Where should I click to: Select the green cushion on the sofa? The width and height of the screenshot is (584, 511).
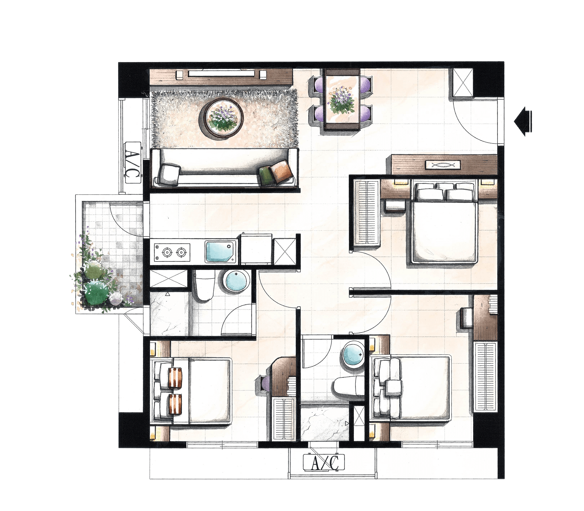coord(266,175)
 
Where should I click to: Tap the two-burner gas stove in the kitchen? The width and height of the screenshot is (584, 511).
coord(172,252)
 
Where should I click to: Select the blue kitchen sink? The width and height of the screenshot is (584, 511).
coord(220,252)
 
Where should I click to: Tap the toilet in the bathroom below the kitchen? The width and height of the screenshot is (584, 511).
coord(205,285)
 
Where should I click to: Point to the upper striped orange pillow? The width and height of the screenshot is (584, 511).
coord(175,377)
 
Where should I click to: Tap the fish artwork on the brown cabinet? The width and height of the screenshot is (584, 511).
coord(443,165)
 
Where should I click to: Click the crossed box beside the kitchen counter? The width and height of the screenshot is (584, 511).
coord(284,252)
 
